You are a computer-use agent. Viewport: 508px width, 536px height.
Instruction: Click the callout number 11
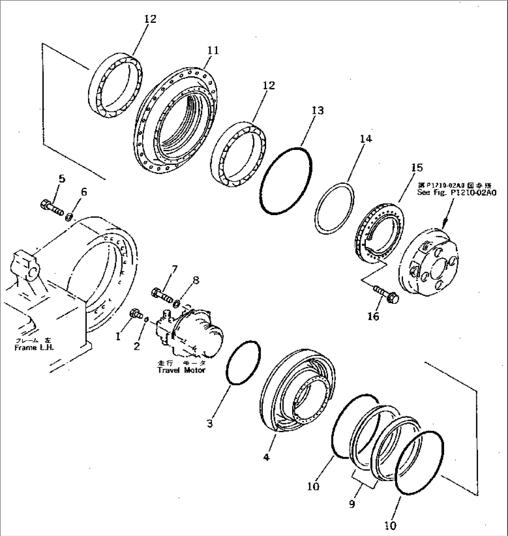[x=213, y=50]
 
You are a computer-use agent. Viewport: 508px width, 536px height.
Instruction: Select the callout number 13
[x=318, y=110]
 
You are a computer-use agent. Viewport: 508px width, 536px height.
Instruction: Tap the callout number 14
[x=366, y=138]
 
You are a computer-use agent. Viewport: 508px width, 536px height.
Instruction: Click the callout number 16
[x=373, y=317]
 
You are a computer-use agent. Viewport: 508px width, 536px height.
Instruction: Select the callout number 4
[x=266, y=457]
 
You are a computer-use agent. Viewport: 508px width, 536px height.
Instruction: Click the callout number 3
[x=211, y=423]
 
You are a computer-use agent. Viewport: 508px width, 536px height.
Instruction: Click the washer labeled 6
[x=69, y=216]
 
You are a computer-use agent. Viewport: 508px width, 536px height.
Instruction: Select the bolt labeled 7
[x=161, y=294]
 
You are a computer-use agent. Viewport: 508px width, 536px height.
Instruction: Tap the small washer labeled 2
[x=146, y=319]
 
